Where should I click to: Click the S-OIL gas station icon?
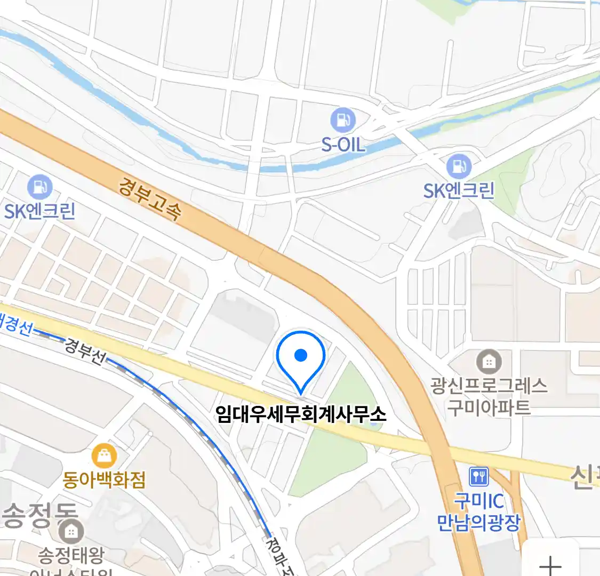click(x=342, y=120)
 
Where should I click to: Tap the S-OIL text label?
click(x=343, y=144)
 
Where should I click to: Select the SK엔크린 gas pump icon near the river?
click(x=459, y=166)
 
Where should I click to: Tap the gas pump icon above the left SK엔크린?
click(x=39, y=187)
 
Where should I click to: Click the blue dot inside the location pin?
click(x=301, y=355)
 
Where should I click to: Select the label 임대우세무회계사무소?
click(x=300, y=414)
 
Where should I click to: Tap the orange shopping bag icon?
click(x=104, y=456)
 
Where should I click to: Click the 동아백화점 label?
click(x=104, y=479)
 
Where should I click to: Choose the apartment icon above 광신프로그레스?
click(x=489, y=362)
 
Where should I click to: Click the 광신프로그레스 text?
click(x=489, y=385)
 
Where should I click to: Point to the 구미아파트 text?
click(x=489, y=407)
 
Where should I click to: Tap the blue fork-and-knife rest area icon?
click(x=478, y=476)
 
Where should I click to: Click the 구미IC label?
click(x=478, y=501)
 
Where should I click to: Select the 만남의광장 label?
click(x=478, y=522)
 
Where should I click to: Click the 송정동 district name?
click(x=40, y=514)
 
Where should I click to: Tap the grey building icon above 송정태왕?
click(x=71, y=531)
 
